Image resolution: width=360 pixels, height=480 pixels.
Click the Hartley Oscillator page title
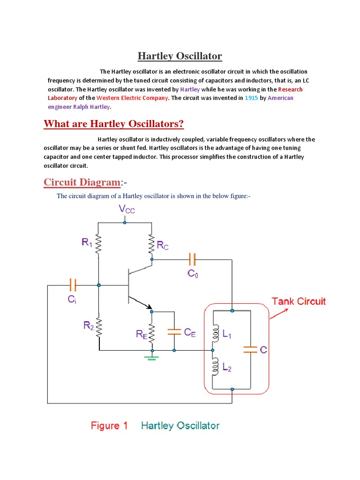[180, 56]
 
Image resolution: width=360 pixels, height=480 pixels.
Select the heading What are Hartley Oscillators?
[113, 124]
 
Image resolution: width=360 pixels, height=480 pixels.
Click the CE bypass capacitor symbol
[174, 331]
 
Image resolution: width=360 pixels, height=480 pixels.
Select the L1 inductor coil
[216, 334]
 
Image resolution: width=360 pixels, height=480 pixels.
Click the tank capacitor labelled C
[250, 349]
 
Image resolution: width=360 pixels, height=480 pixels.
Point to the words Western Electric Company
[132, 98]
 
